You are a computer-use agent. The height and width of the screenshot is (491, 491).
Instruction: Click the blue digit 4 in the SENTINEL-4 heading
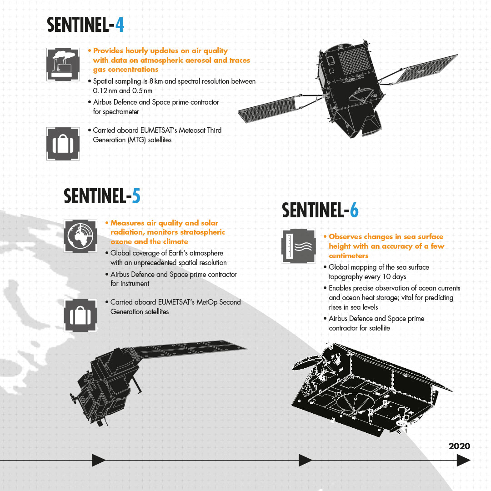click(x=120, y=25)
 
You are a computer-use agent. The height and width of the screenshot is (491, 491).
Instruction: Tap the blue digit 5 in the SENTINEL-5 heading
click(x=136, y=196)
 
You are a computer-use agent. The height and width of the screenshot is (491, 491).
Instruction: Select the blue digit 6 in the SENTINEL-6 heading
click(x=354, y=210)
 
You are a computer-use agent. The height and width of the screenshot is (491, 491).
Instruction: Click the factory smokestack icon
click(x=63, y=64)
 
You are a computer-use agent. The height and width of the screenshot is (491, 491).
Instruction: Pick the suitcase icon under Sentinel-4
click(x=63, y=144)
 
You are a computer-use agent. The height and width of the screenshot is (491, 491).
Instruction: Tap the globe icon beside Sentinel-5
click(x=80, y=236)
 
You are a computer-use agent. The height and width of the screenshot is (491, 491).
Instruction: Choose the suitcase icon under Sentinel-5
click(x=80, y=316)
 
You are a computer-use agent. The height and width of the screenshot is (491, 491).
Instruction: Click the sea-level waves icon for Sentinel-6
click(x=298, y=246)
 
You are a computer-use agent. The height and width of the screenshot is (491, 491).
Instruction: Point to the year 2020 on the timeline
click(x=459, y=446)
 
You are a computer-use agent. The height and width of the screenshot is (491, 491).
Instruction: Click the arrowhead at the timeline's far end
click(x=464, y=460)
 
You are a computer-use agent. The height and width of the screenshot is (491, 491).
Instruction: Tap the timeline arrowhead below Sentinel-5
click(x=99, y=460)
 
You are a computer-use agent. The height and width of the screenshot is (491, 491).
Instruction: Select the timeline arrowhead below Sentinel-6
click(x=306, y=460)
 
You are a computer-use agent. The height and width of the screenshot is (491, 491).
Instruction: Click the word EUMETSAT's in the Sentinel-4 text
click(x=159, y=130)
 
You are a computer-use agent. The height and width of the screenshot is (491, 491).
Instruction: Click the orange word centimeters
click(x=349, y=256)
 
